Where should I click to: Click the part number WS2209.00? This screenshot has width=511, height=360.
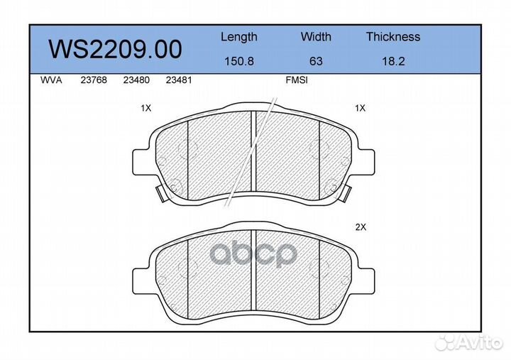pyautogui.click(x=115, y=49)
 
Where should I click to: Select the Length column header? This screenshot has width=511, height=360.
pyautogui.click(x=239, y=37)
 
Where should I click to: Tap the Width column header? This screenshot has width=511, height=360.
pyautogui.click(x=316, y=36)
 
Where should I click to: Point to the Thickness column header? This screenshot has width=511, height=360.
pyautogui.click(x=393, y=36)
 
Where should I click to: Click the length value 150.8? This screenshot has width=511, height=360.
pyautogui.click(x=239, y=61)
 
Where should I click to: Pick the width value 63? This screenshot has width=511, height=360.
pyautogui.click(x=316, y=61)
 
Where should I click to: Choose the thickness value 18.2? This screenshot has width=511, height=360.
pyautogui.click(x=393, y=61)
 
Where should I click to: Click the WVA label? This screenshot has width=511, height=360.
pyautogui.click(x=51, y=80)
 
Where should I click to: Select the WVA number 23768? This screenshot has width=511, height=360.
pyautogui.click(x=94, y=80)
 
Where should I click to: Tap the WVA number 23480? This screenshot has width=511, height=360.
pyautogui.click(x=136, y=80)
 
